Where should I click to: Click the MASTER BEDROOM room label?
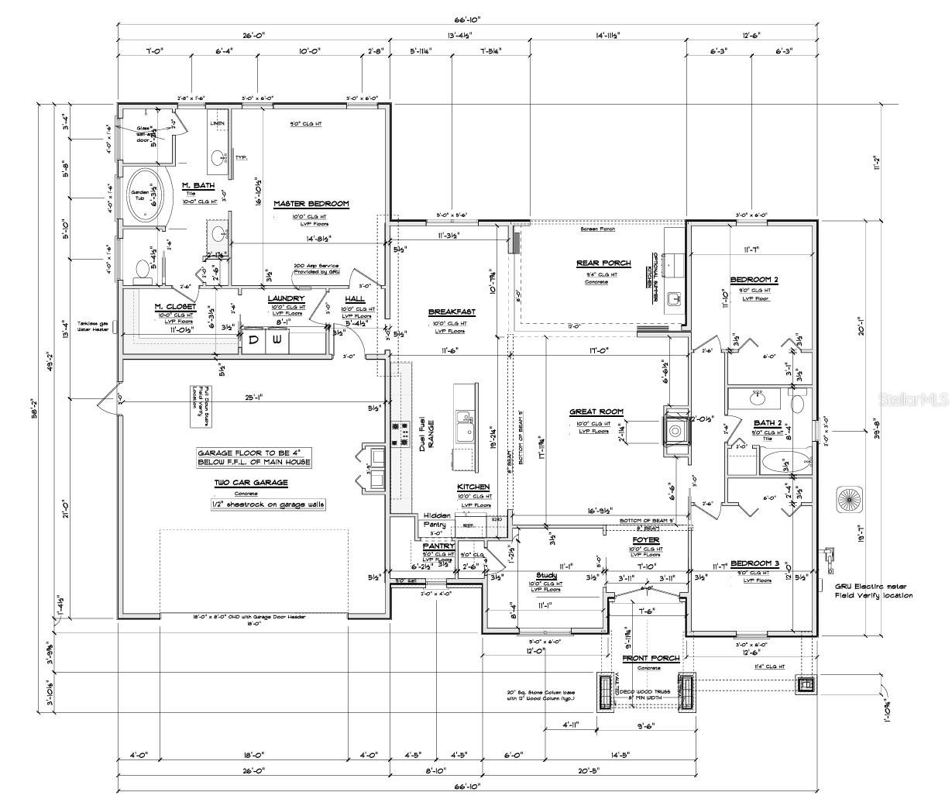pyautogui.click(x=311, y=204)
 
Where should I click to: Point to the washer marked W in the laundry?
pyautogui.click(x=277, y=340)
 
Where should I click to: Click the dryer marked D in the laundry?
pyautogui.click(x=255, y=340)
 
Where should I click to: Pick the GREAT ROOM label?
pyautogui.click(x=596, y=412)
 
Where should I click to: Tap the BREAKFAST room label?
pyautogui.click(x=452, y=312)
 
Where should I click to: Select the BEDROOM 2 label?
pyautogui.click(x=754, y=280)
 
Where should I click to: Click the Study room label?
pyautogui.click(x=546, y=575)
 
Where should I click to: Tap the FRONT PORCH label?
pyautogui.click(x=651, y=658)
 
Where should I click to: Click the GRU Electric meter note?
pyautogui.click(x=873, y=591)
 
